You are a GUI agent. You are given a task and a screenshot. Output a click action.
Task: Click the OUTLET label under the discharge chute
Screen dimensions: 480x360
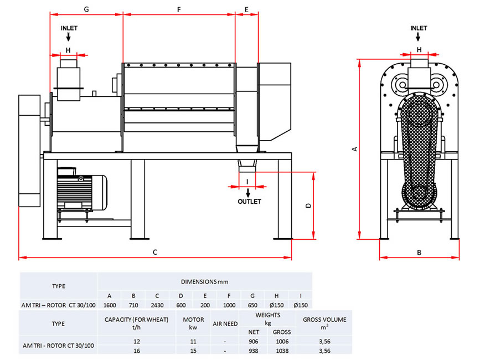point(249,202)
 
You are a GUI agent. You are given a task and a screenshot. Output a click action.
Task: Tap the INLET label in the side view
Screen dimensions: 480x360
point(419,28)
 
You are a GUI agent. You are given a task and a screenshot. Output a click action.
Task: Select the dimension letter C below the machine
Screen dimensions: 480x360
point(155,252)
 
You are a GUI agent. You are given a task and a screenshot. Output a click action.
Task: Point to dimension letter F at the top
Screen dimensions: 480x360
point(179,10)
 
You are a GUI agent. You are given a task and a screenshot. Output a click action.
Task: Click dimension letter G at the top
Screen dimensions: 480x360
point(86,9)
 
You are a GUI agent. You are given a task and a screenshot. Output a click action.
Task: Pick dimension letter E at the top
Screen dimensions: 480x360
point(246,10)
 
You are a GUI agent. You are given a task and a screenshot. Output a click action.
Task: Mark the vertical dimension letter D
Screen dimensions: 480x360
point(308,205)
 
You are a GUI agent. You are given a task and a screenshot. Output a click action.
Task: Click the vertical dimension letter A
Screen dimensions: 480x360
point(355,149)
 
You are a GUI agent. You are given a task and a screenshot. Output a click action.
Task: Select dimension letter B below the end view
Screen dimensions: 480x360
point(419,253)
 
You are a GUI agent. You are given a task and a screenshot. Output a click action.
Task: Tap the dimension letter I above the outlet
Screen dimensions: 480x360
point(247,182)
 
